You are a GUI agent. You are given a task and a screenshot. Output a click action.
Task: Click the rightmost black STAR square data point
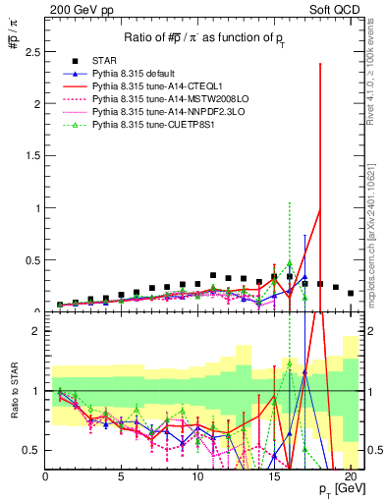tap(351, 293)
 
